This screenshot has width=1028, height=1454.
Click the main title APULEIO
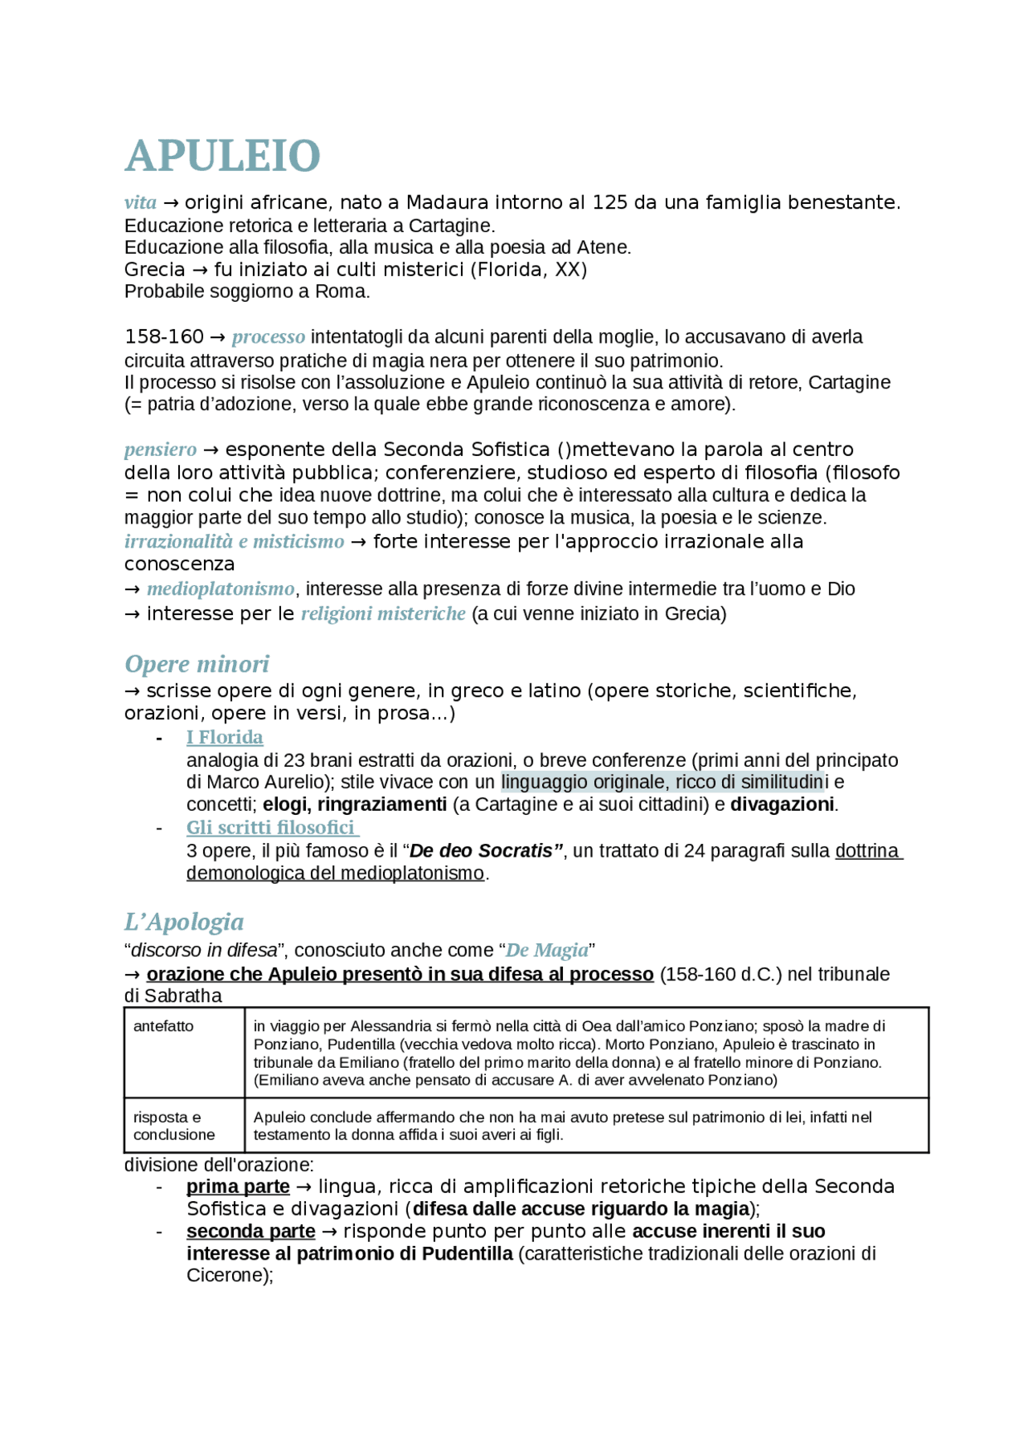222,156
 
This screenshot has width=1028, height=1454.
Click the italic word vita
140,202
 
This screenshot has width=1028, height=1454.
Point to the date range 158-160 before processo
164,336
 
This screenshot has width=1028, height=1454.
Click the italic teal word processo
268,336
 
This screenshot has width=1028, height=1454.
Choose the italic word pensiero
160,449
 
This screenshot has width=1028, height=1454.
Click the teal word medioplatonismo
220,589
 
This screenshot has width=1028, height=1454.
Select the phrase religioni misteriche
383,613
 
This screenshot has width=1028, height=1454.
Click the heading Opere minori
197,664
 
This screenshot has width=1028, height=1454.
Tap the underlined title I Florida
224,737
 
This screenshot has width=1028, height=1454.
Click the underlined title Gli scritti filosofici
271,827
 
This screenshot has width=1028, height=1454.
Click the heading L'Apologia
184,922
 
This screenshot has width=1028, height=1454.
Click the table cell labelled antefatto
164,1026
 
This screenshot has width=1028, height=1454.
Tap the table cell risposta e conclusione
174,1126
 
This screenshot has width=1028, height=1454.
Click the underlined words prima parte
238,1187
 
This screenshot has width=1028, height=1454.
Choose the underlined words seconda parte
251,1232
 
